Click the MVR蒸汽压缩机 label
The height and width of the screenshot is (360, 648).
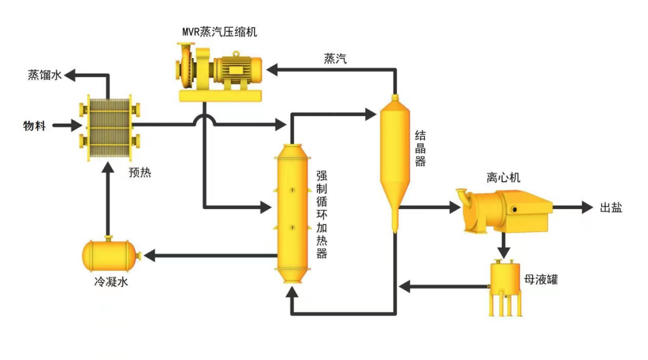coord(220,31)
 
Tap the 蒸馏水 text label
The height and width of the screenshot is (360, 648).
coord(44,75)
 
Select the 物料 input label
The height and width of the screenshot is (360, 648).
coord(34,126)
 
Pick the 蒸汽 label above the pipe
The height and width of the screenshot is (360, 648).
coord(336,58)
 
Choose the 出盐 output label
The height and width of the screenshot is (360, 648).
coord(611,208)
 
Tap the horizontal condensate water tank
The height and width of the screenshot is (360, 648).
coord(110,255)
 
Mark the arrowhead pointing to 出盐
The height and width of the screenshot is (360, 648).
coord(587,208)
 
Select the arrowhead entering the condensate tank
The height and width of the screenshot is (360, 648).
coord(149,255)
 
